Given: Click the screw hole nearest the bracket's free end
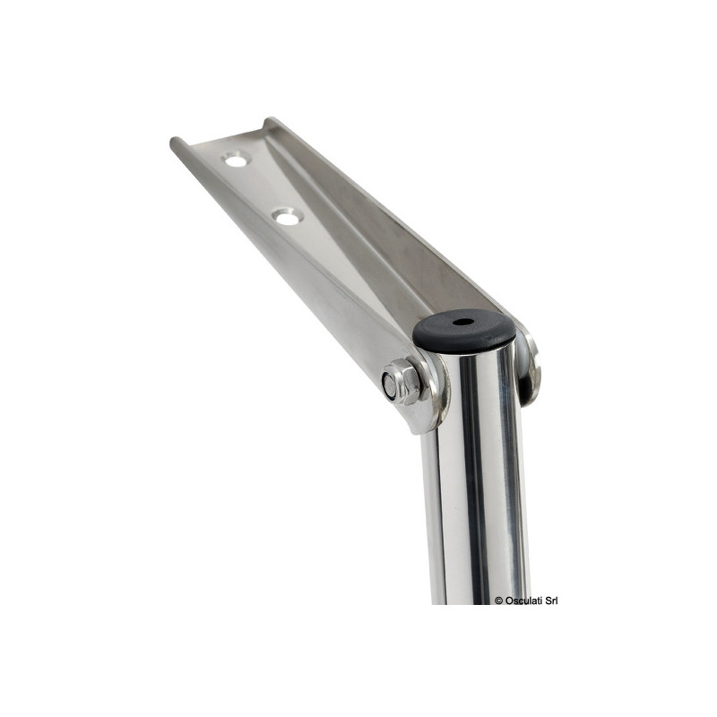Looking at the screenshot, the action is tap(236, 160).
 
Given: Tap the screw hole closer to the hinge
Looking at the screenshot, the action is tap(287, 217).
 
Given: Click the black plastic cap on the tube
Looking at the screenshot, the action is tap(463, 329).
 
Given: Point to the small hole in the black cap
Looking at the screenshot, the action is tap(462, 322).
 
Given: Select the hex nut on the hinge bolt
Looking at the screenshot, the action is tap(402, 382).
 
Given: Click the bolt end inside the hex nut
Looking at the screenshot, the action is tap(390, 385).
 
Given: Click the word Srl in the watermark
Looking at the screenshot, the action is tap(550, 600).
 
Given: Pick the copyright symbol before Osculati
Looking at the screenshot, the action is tap(499, 600).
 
